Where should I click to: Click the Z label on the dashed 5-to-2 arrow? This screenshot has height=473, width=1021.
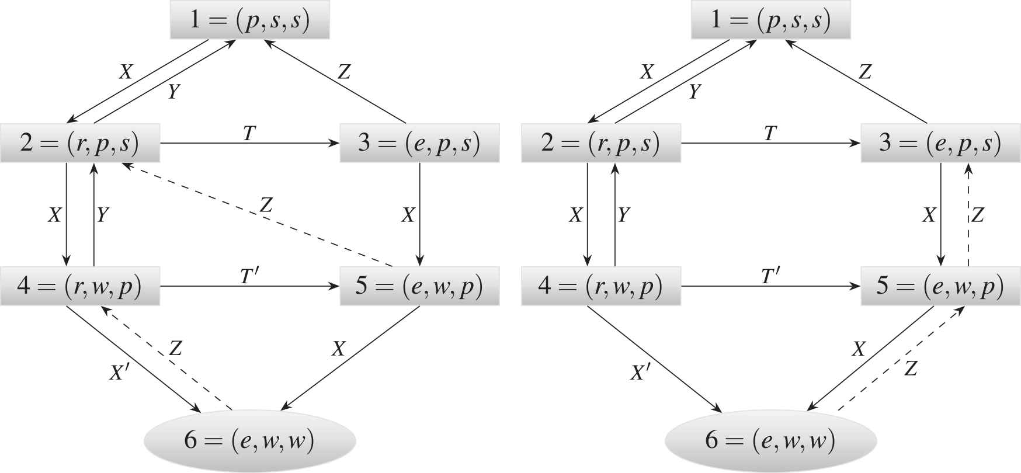pos(266,204)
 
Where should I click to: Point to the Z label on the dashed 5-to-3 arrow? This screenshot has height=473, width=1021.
pos(978,215)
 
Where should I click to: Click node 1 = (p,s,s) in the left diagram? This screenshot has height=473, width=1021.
pos(249,21)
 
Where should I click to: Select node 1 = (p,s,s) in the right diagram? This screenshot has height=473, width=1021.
pos(770,21)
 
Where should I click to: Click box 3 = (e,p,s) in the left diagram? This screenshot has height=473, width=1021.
pos(419,143)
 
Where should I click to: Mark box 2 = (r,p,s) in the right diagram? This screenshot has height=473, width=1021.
pos(601,143)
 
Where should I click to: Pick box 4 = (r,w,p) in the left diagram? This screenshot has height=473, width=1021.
pos(80,287)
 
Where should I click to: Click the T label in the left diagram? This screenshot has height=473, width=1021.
pos(249,134)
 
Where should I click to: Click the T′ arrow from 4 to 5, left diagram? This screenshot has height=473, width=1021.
pos(249,287)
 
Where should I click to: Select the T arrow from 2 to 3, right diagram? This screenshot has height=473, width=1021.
pos(770,143)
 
